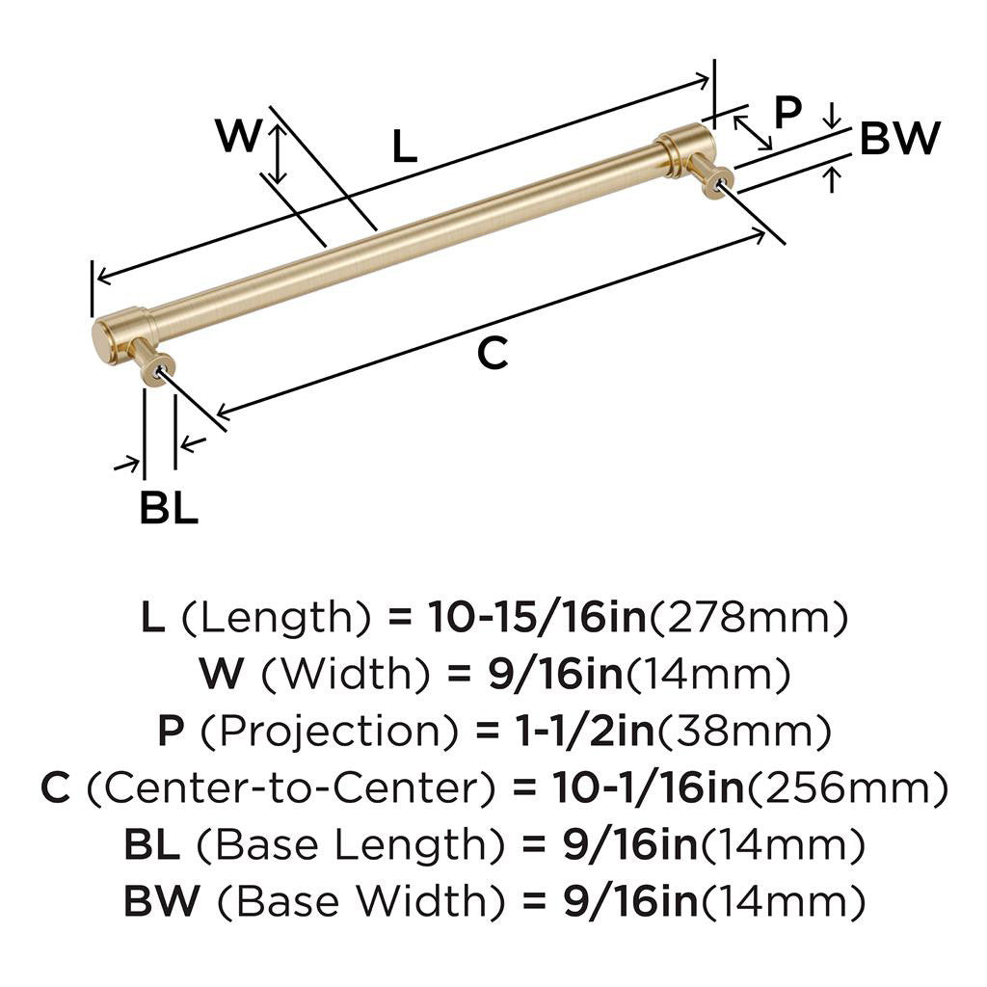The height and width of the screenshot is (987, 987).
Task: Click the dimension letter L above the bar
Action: (404, 147)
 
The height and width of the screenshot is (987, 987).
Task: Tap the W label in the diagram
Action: (239, 135)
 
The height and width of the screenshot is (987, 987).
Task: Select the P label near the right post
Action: (787, 112)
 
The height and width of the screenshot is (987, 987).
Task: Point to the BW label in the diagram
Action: (899, 139)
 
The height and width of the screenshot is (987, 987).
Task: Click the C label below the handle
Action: (493, 353)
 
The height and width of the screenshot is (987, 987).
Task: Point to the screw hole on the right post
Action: (722, 183)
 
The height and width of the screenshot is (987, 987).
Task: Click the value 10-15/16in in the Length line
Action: (538, 617)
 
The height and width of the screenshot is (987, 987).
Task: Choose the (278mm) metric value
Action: (748, 618)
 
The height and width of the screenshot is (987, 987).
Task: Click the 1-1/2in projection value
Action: (578, 731)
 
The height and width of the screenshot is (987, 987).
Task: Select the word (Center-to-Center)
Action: (291, 788)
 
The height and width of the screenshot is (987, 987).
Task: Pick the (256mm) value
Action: (846, 788)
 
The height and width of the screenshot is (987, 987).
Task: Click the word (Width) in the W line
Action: (346, 674)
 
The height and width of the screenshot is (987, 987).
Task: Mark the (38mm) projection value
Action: (745, 732)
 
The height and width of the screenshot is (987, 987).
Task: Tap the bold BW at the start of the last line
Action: (162, 901)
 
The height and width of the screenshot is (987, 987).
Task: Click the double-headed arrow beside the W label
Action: (277, 153)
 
